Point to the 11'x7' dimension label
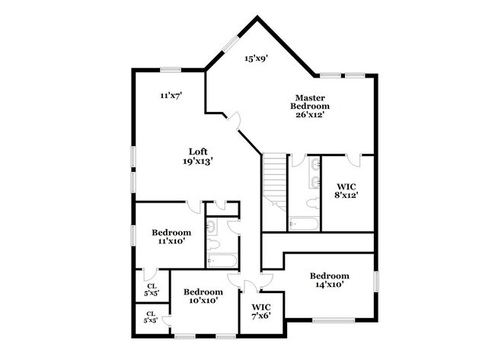[x=171, y=95]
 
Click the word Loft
[x=198, y=151]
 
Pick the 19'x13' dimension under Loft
[x=197, y=161]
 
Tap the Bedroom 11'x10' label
[x=171, y=236]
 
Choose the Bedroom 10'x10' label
[x=203, y=296]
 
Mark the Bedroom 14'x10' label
[x=329, y=279]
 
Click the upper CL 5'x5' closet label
[x=152, y=289]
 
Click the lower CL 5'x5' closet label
[x=151, y=317]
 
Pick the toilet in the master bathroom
[x=312, y=202]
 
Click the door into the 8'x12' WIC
[x=352, y=160]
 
